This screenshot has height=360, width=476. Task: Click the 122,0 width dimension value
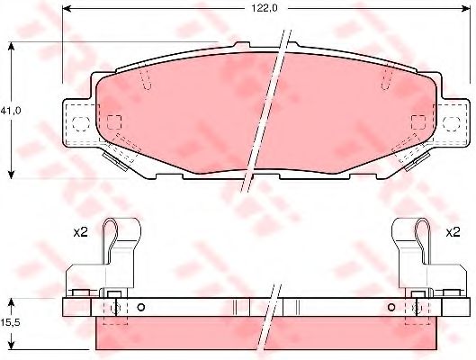pos(265,8)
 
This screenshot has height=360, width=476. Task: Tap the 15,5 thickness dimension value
pos(10,323)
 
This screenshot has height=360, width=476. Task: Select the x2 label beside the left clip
pos(80,232)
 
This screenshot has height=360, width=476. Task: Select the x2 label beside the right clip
pos(453,232)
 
